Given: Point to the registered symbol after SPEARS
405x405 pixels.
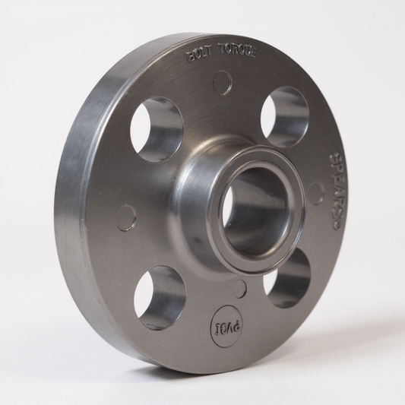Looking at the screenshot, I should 332,226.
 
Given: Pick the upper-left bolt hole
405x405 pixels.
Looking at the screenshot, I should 156,128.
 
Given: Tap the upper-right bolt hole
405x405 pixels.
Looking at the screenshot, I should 284,115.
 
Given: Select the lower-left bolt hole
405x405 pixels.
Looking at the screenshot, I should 160,296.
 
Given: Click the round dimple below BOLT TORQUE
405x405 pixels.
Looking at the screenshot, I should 223,82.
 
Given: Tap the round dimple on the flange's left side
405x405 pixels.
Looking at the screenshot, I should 126,217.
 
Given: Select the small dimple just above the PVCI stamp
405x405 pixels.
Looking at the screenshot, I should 239,289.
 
